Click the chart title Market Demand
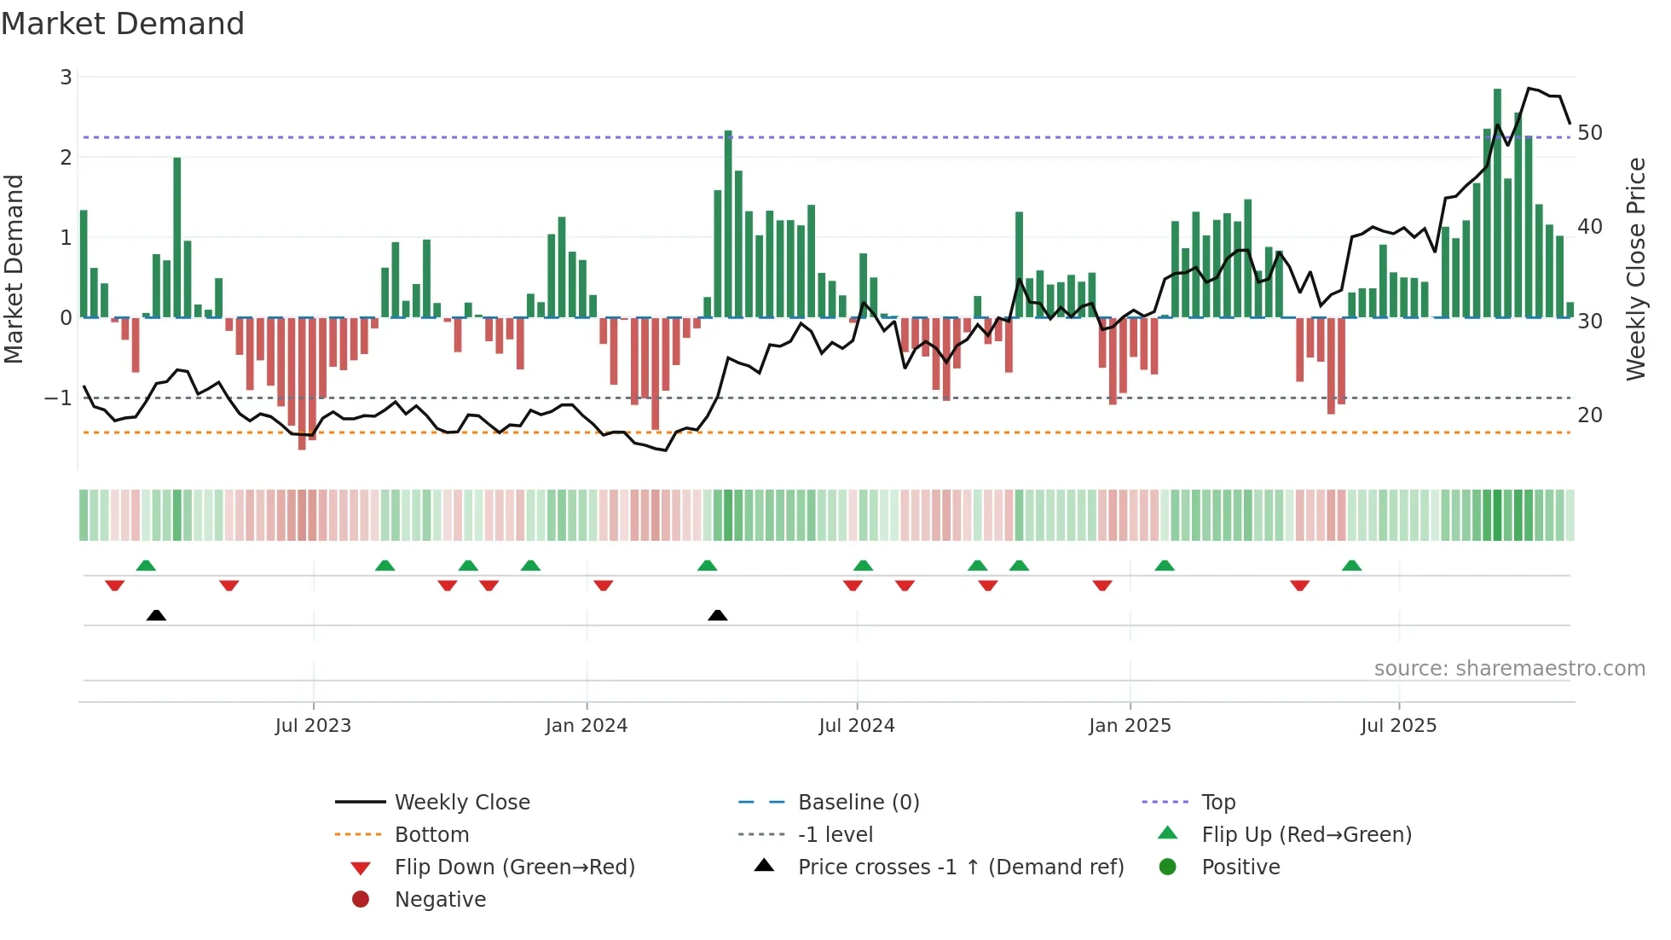123,24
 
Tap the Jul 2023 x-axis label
313,726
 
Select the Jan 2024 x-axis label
587,726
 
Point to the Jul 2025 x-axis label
1398,726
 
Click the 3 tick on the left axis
66,78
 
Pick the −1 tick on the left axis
59,398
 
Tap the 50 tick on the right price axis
1589,133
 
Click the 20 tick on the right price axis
1589,415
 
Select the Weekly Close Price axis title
1635,269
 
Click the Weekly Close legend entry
461,803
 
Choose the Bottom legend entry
431,835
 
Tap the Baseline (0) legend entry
858,803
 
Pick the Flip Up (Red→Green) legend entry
1306,835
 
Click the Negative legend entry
440,900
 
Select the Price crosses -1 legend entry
960,867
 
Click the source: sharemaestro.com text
1509,669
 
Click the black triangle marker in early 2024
718,615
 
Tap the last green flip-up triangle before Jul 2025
1351,566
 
